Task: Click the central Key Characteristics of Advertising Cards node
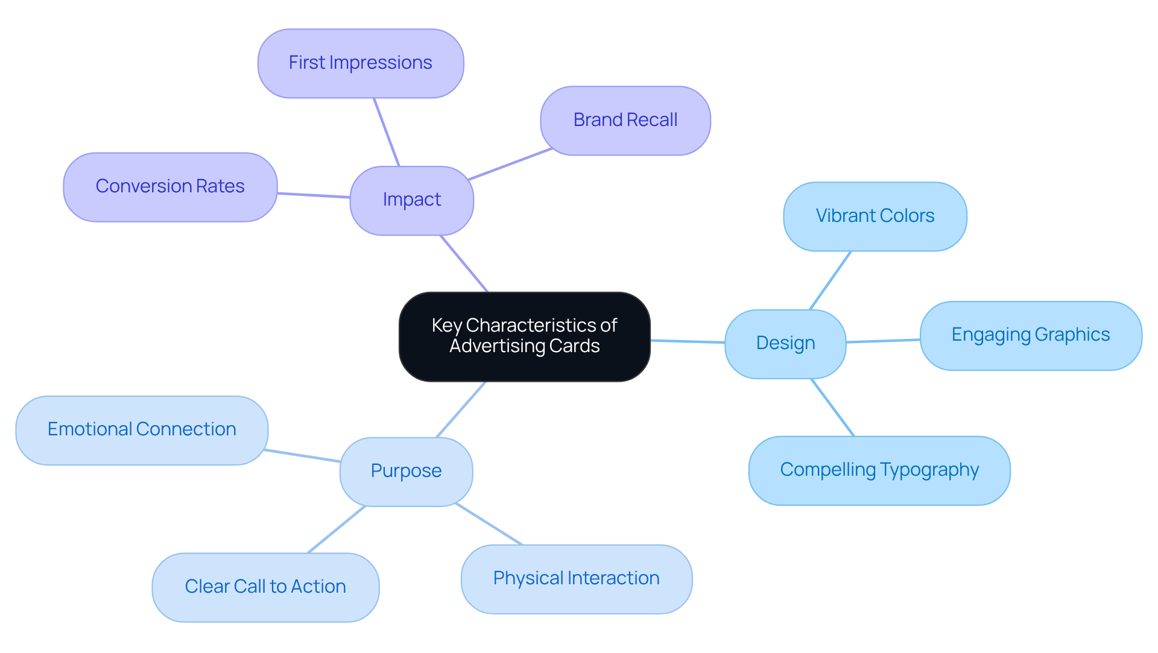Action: [x=524, y=336]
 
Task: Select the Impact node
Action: [x=412, y=200]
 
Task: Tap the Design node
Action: [x=785, y=344]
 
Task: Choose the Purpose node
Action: [x=406, y=471]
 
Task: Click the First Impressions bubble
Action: [x=360, y=63]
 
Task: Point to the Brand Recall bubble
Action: [x=625, y=121]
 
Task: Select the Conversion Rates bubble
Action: [x=170, y=187]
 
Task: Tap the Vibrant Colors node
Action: [x=875, y=216]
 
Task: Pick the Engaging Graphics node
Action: [x=1030, y=335]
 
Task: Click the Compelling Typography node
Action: [x=879, y=470]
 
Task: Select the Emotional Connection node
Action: [x=142, y=430]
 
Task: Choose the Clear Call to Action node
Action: [x=265, y=587]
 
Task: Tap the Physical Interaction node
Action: [x=576, y=579]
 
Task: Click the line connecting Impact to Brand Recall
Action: [x=510, y=164]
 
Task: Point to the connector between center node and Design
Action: [x=688, y=341]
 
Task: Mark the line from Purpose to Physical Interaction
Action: [x=489, y=524]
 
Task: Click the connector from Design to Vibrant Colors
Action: [x=830, y=280]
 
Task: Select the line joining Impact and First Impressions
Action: [x=387, y=132]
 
